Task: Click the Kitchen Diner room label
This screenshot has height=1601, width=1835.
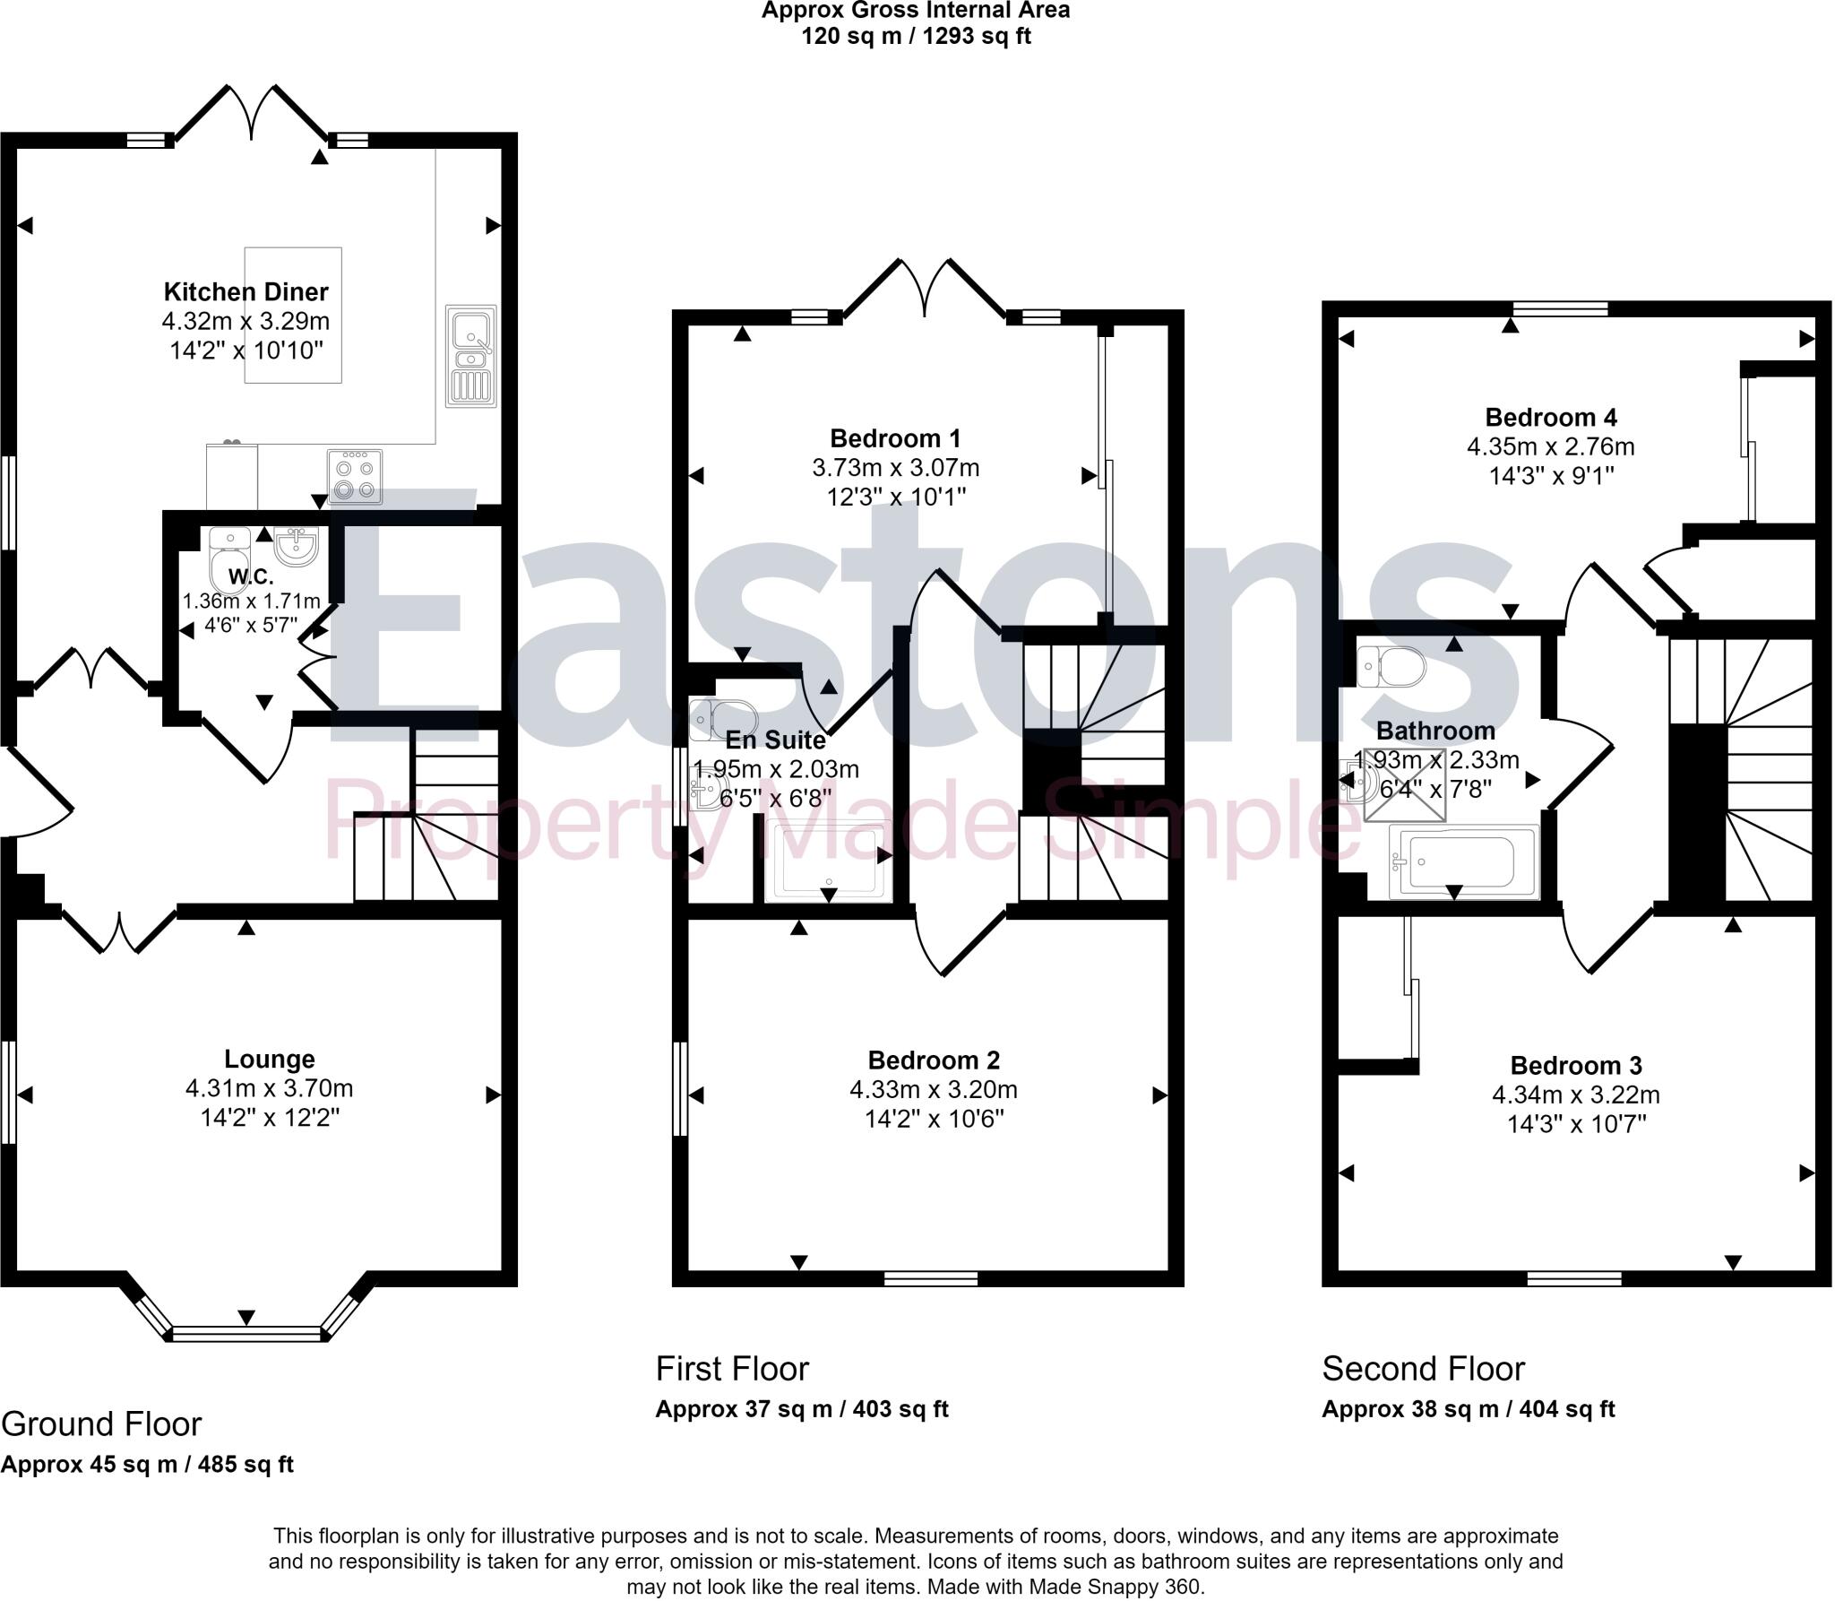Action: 246,291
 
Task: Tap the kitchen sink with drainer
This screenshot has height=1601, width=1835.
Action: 471,356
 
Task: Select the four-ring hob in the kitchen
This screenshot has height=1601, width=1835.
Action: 355,476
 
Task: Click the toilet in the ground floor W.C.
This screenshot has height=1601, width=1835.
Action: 228,560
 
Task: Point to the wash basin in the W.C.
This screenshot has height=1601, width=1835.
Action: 296,546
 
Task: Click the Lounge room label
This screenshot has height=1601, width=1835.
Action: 269,1059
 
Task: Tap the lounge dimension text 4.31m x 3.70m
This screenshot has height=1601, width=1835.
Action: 269,1088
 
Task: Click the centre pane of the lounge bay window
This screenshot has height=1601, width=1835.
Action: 246,1334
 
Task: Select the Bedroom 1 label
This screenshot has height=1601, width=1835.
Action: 894,438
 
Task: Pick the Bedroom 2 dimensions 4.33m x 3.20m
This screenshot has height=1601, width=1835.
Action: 933,1090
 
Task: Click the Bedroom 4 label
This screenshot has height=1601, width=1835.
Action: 1550,417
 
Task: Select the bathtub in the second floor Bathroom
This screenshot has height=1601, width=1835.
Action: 1462,861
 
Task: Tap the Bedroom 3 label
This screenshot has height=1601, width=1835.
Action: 1575,1065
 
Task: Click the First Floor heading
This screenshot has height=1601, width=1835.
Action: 732,1369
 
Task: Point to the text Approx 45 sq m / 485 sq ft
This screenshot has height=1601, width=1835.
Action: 148,1465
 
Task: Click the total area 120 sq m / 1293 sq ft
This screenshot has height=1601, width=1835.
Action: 915,37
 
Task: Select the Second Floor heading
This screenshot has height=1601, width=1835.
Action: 1423,1369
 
